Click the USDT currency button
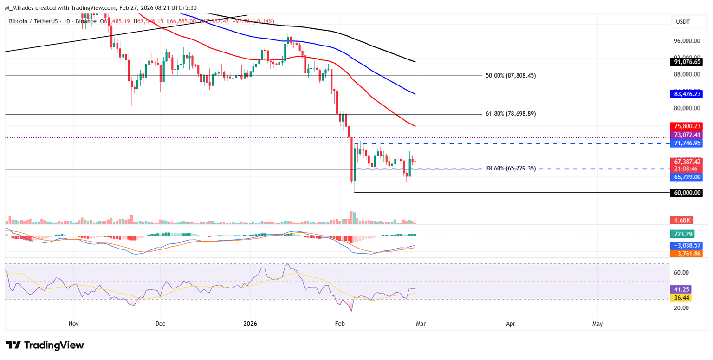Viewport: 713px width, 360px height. [x=684, y=22]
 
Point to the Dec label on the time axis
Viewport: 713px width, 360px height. [x=160, y=323]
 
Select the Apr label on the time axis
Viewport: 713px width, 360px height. [x=511, y=323]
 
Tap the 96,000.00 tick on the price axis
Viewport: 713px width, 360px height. [x=687, y=41]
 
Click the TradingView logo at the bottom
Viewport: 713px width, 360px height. [x=45, y=345]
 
